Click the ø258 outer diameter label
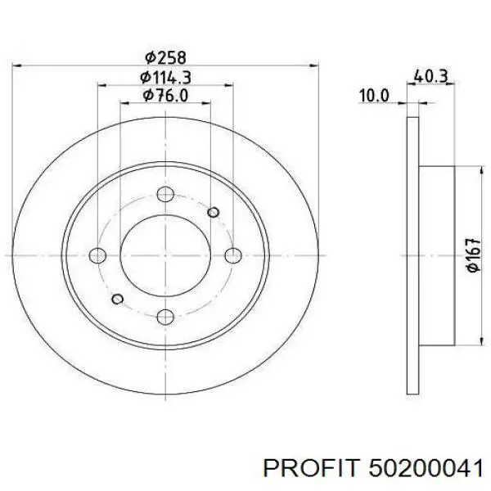pyautogui.click(x=165, y=58)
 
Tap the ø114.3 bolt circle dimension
pyautogui.click(x=165, y=78)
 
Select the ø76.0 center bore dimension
pyautogui.click(x=165, y=95)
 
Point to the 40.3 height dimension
pyautogui.click(x=431, y=76)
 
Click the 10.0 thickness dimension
pyautogui.click(x=374, y=96)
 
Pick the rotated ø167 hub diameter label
pyautogui.click(x=472, y=255)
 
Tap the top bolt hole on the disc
pyautogui.click(x=165, y=194)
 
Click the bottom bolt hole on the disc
pyautogui.click(x=165, y=317)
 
